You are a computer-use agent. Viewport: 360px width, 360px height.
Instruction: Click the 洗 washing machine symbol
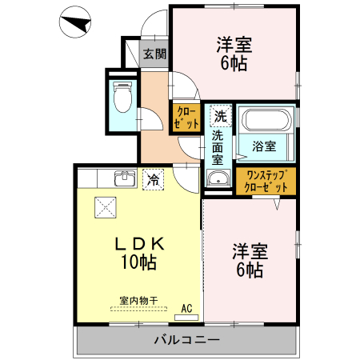tap(219, 115)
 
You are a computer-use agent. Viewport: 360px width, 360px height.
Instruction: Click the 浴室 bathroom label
tap(263, 146)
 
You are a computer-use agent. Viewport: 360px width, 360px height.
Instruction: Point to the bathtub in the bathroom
tap(266, 122)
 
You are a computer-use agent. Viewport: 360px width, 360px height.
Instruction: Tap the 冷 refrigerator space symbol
tap(152, 180)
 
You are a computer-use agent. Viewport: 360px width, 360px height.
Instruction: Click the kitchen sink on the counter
tap(125, 178)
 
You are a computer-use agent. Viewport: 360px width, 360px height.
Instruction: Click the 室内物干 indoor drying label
tap(138, 301)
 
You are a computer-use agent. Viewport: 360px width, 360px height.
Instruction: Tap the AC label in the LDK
tap(186, 308)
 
